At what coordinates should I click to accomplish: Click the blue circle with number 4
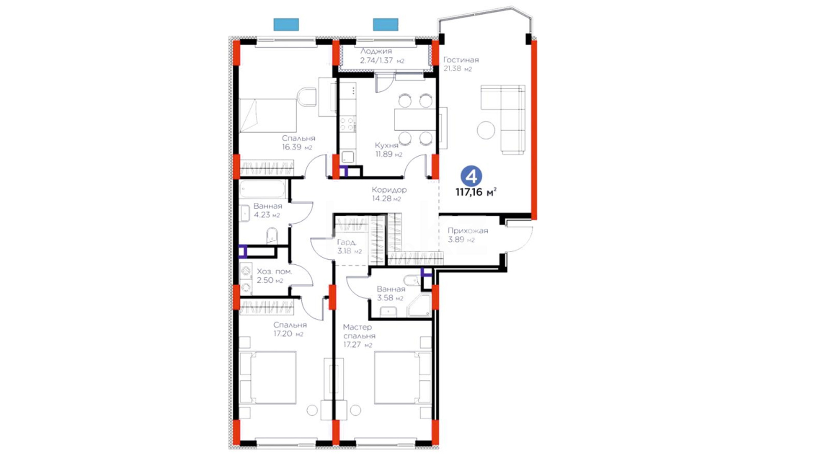tap(471, 176)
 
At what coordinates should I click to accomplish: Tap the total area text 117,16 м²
tap(476, 192)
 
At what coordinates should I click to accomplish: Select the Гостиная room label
tap(461, 60)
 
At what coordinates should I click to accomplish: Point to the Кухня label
tap(387, 146)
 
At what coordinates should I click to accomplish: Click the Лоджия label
tap(376, 51)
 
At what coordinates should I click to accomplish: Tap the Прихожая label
tap(468, 231)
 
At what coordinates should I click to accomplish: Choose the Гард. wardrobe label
tap(347, 242)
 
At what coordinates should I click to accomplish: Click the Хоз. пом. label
tap(274, 271)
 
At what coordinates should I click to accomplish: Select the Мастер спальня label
tap(359, 331)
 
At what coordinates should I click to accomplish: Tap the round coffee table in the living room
tap(486, 130)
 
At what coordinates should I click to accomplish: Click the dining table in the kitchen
tap(415, 120)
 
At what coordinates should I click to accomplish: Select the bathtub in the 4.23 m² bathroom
tap(263, 189)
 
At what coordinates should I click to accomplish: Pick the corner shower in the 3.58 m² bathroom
tap(419, 305)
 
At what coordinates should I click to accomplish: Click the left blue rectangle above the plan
tap(286, 25)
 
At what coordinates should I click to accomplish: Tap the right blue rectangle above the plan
tap(386, 25)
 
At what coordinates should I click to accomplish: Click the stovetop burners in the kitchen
tap(348, 124)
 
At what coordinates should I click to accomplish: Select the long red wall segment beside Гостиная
tap(534, 130)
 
